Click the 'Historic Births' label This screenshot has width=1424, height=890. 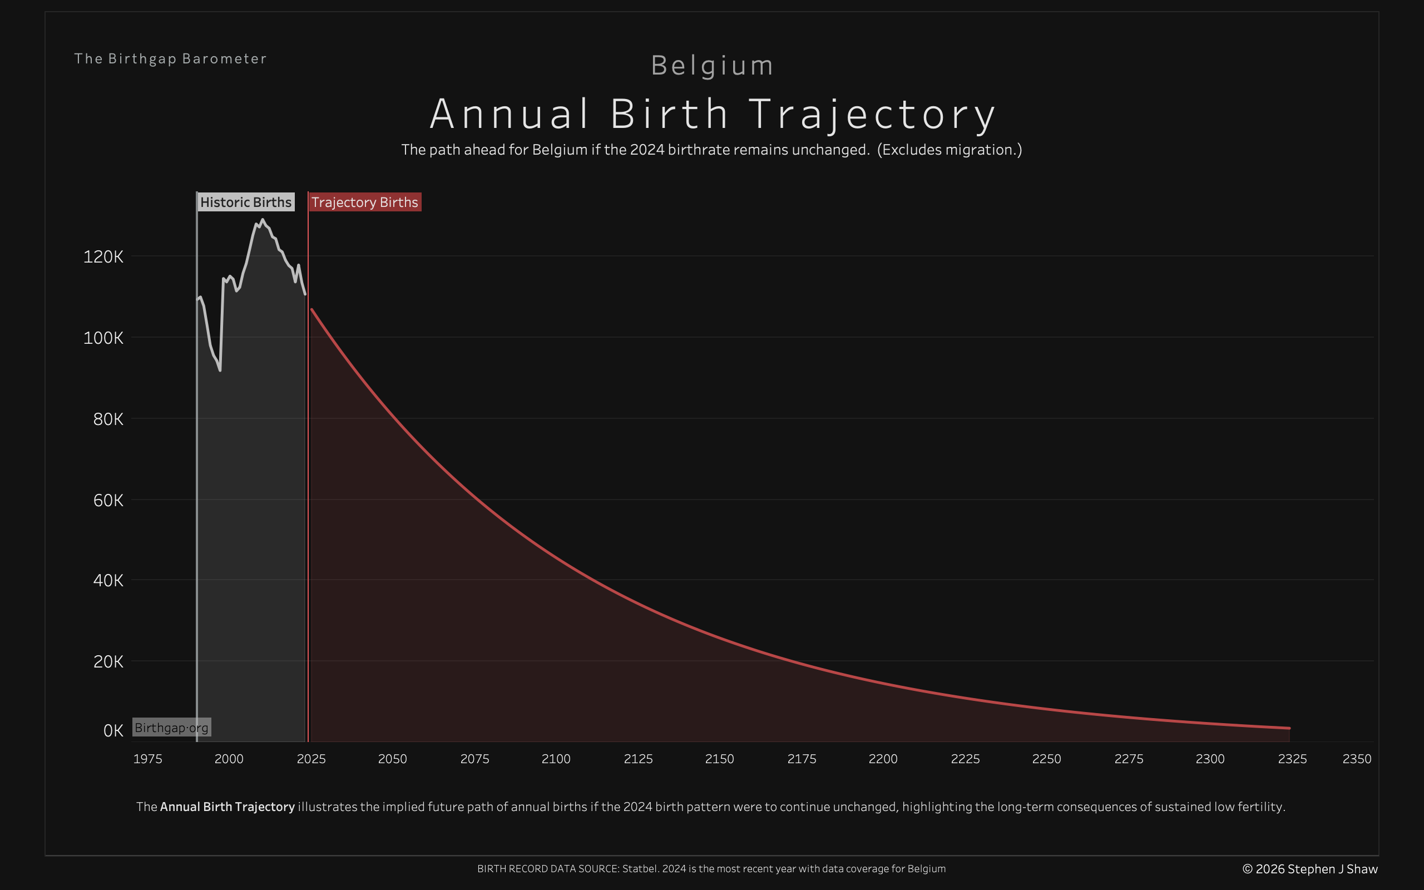(245, 202)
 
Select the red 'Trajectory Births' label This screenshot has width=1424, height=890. (364, 202)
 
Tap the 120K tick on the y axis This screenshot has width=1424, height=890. (103, 256)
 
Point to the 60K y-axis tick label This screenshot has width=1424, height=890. (108, 500)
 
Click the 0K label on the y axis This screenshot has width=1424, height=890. (113, 730)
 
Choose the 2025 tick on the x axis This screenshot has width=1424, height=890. (311, 759)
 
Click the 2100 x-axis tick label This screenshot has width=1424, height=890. (556, 759)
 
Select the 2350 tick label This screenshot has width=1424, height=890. (1356, 759)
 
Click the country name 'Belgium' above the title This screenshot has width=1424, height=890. (712, 65)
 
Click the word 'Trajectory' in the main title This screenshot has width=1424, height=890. (872, 114)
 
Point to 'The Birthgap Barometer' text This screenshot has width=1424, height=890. (171, 59)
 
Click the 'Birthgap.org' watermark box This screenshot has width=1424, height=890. (171, 728)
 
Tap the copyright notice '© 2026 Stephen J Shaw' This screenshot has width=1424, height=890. (1310, 869)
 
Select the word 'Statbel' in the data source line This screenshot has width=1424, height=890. (640, 869)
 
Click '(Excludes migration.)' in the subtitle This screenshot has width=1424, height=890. (949, 150)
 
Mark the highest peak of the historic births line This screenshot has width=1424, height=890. (262, 220)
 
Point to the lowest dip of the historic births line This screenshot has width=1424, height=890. (220, 370)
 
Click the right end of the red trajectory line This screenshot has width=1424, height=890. (1289, 728)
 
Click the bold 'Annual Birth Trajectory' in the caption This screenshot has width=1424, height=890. (227, 807)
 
